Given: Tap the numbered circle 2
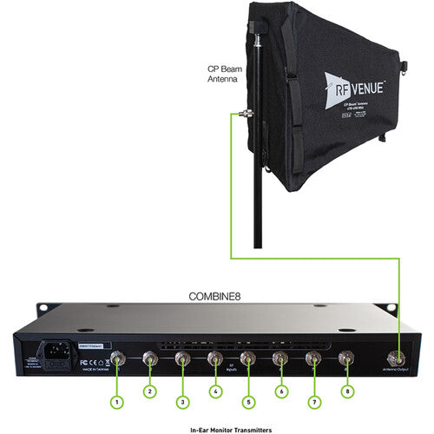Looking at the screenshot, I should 148,391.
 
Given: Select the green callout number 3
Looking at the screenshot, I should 181,401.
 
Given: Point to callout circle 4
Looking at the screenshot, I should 214,391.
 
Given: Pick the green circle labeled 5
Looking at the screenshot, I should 247,401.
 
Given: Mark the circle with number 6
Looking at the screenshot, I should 280,391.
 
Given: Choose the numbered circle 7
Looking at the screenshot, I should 313,401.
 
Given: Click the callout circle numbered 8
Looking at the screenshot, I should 346,391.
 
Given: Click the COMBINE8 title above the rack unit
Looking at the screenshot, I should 217,295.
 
